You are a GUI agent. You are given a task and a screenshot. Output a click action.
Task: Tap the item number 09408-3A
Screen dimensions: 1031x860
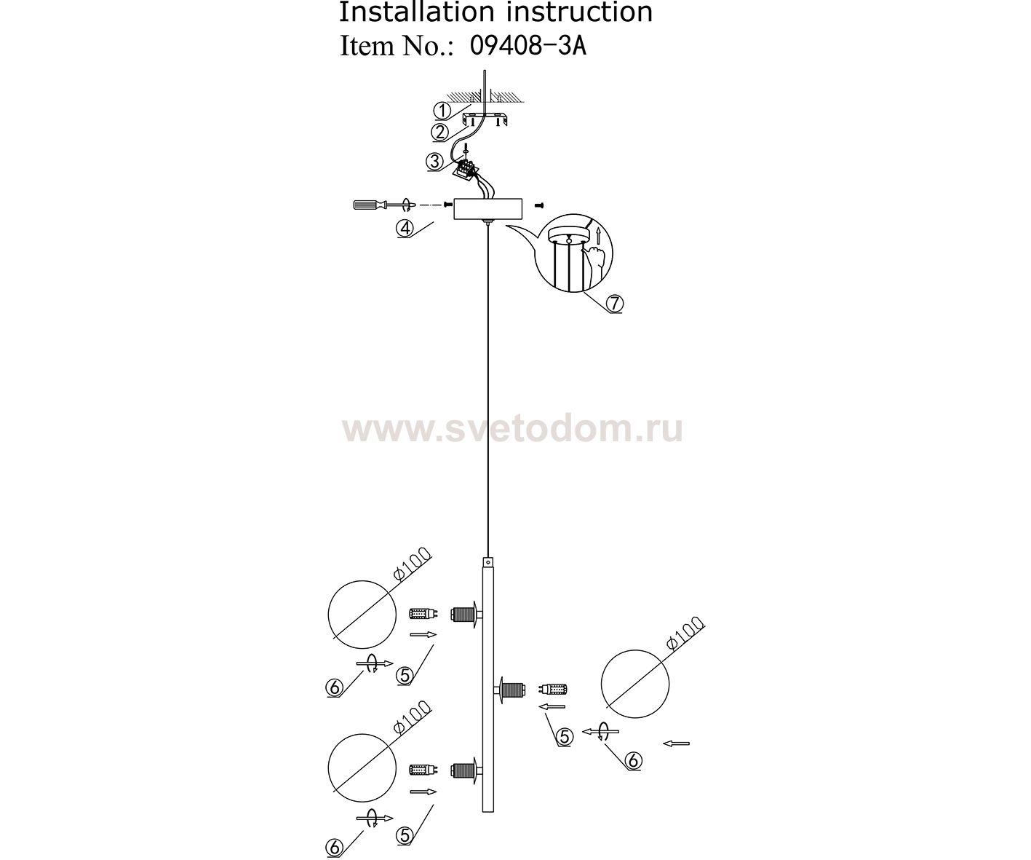528,47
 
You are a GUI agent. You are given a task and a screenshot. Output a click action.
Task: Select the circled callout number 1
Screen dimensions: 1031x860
442,111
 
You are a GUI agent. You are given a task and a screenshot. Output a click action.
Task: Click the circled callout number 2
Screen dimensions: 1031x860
439,133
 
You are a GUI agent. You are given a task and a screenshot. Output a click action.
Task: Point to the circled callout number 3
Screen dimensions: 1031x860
434,162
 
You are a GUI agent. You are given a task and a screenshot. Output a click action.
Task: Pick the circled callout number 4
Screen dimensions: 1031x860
405,229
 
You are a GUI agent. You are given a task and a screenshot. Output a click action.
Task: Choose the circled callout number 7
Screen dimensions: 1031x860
614,304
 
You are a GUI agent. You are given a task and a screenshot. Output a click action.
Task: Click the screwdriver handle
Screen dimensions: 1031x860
366,204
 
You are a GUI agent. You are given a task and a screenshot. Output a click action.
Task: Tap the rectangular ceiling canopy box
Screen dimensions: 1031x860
487,208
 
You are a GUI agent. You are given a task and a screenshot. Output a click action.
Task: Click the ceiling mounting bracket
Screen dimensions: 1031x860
485,120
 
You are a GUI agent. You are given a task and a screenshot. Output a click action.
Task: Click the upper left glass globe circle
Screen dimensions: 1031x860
362,615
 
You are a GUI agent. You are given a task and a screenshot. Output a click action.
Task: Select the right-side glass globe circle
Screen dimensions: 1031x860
635,684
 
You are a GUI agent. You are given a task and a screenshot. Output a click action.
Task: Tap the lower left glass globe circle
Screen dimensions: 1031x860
362,768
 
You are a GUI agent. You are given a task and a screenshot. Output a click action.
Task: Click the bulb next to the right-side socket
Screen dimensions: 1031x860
554,688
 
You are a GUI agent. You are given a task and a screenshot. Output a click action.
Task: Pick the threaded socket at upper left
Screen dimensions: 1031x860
463,615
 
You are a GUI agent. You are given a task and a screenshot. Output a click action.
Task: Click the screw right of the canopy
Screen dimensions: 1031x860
538,204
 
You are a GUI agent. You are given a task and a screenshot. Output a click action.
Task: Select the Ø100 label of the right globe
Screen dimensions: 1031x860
685,633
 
